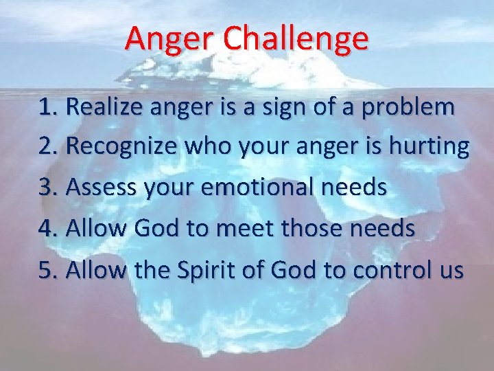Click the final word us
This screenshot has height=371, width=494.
[451, 271]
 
